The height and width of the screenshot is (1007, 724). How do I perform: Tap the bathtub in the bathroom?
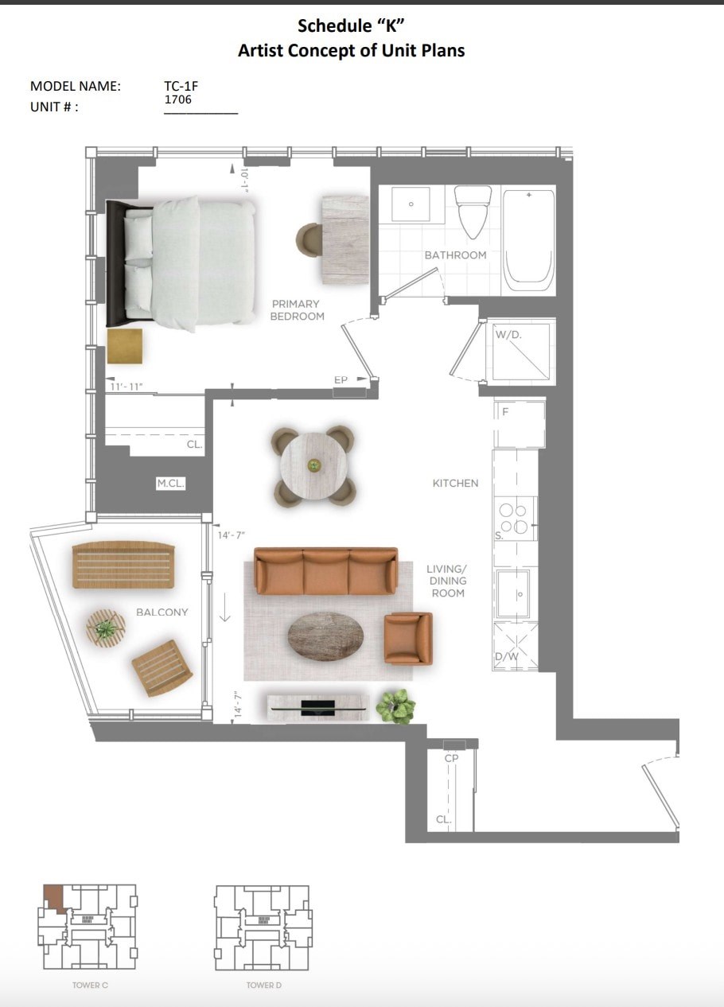(528, 236)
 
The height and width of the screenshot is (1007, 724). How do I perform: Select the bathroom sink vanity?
(411, 204)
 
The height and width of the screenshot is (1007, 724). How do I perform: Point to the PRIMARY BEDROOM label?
(296, 310)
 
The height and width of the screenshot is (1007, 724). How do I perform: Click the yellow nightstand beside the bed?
(125, 346)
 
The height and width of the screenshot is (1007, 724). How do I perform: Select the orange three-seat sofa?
(325, 570)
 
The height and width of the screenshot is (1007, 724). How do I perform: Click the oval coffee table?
(325, 635)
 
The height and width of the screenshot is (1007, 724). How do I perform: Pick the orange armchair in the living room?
(407, 637)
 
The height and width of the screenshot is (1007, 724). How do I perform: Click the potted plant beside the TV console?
(395, 706)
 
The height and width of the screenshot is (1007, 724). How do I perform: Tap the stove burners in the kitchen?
(515, 519)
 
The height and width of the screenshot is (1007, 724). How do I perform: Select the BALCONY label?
(162, 612)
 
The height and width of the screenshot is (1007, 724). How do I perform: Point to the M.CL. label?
(170, 484)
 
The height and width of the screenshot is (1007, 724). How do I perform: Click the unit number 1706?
(177, 100)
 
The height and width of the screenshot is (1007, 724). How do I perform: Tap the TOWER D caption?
(263, 986)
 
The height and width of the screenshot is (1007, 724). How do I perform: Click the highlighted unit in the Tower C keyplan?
(53, 896)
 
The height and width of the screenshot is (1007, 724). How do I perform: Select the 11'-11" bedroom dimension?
(127, 387)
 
